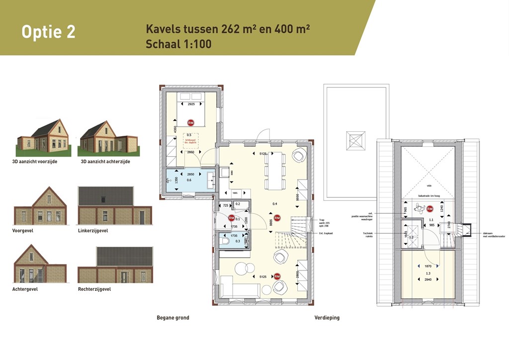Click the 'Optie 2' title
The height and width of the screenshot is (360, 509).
[48, 31]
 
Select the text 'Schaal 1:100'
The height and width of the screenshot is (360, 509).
[178, 44]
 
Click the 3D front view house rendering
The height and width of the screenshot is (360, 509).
[43, 138]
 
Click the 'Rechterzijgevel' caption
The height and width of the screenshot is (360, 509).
[94, 289]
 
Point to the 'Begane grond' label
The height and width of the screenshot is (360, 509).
[172, 318]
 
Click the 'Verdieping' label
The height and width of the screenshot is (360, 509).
[327, 318]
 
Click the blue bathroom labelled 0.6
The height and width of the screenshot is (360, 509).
[189, 180]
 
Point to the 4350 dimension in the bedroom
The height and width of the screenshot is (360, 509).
[174, 129]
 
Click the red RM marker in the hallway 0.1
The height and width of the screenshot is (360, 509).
[231, 218]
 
